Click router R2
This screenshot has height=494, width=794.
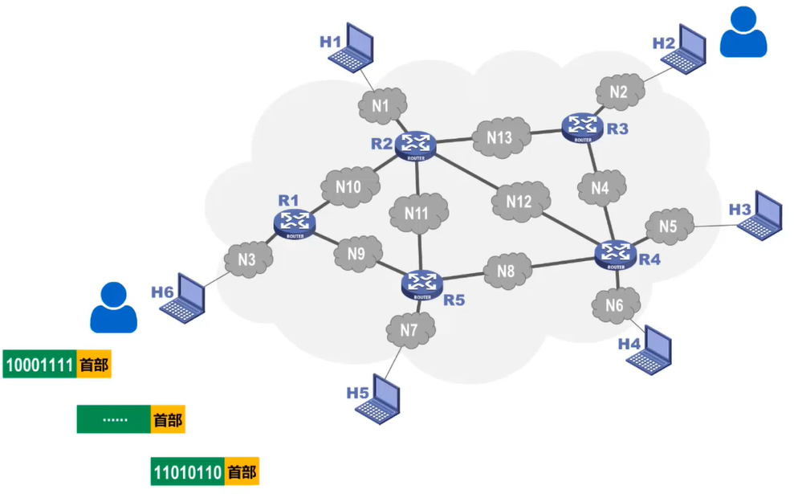tap(417, 145)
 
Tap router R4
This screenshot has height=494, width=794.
tap(616, 252)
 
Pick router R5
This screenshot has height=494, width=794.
tap(420, 282)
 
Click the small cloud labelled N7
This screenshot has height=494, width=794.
tap(409, 329)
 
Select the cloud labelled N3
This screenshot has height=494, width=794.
tap(246, 259)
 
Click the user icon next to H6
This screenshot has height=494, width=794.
tap(112, 308)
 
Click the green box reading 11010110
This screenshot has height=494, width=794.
tap(186, 472)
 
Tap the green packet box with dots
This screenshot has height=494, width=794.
tap(113, 419)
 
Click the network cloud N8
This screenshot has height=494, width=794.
tap(506, 271)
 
